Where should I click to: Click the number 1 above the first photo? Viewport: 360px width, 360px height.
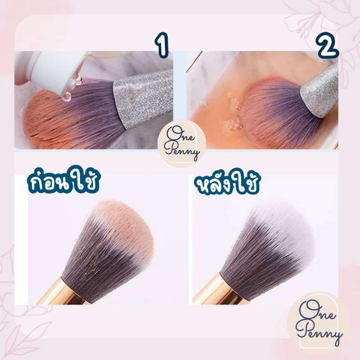point(162,45)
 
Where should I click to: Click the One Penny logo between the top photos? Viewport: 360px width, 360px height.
point(182,143)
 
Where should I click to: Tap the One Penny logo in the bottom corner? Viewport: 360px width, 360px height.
point(319,323)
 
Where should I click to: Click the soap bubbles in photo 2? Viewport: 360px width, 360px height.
point(234,110)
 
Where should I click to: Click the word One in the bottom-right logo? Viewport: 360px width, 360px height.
point(316,311)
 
